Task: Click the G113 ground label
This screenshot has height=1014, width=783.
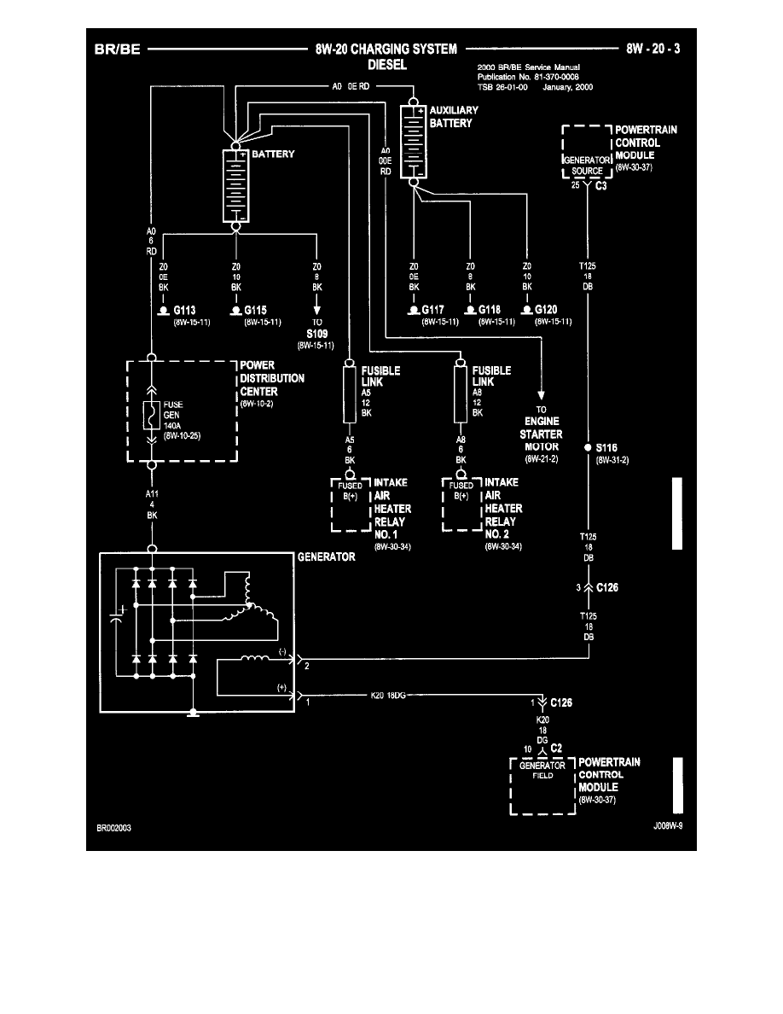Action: (184, 311)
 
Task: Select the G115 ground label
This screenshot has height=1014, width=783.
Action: (257, 311)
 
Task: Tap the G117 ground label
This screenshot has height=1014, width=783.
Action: (435, 311)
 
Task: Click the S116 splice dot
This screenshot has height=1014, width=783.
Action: (588, 446)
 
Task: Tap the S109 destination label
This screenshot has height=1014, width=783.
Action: (317, 334)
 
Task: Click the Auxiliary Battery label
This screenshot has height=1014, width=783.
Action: (454, 117)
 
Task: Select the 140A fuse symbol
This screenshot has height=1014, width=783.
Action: (153, 416)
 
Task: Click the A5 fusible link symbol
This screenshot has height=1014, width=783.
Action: (349, 393)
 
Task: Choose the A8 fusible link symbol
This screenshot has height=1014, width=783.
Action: (461, 393)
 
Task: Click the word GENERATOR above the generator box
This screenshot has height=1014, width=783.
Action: (326, 557)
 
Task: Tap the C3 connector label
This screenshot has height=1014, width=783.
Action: (600, 185)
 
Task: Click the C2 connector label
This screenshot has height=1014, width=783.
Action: (555, 748)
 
